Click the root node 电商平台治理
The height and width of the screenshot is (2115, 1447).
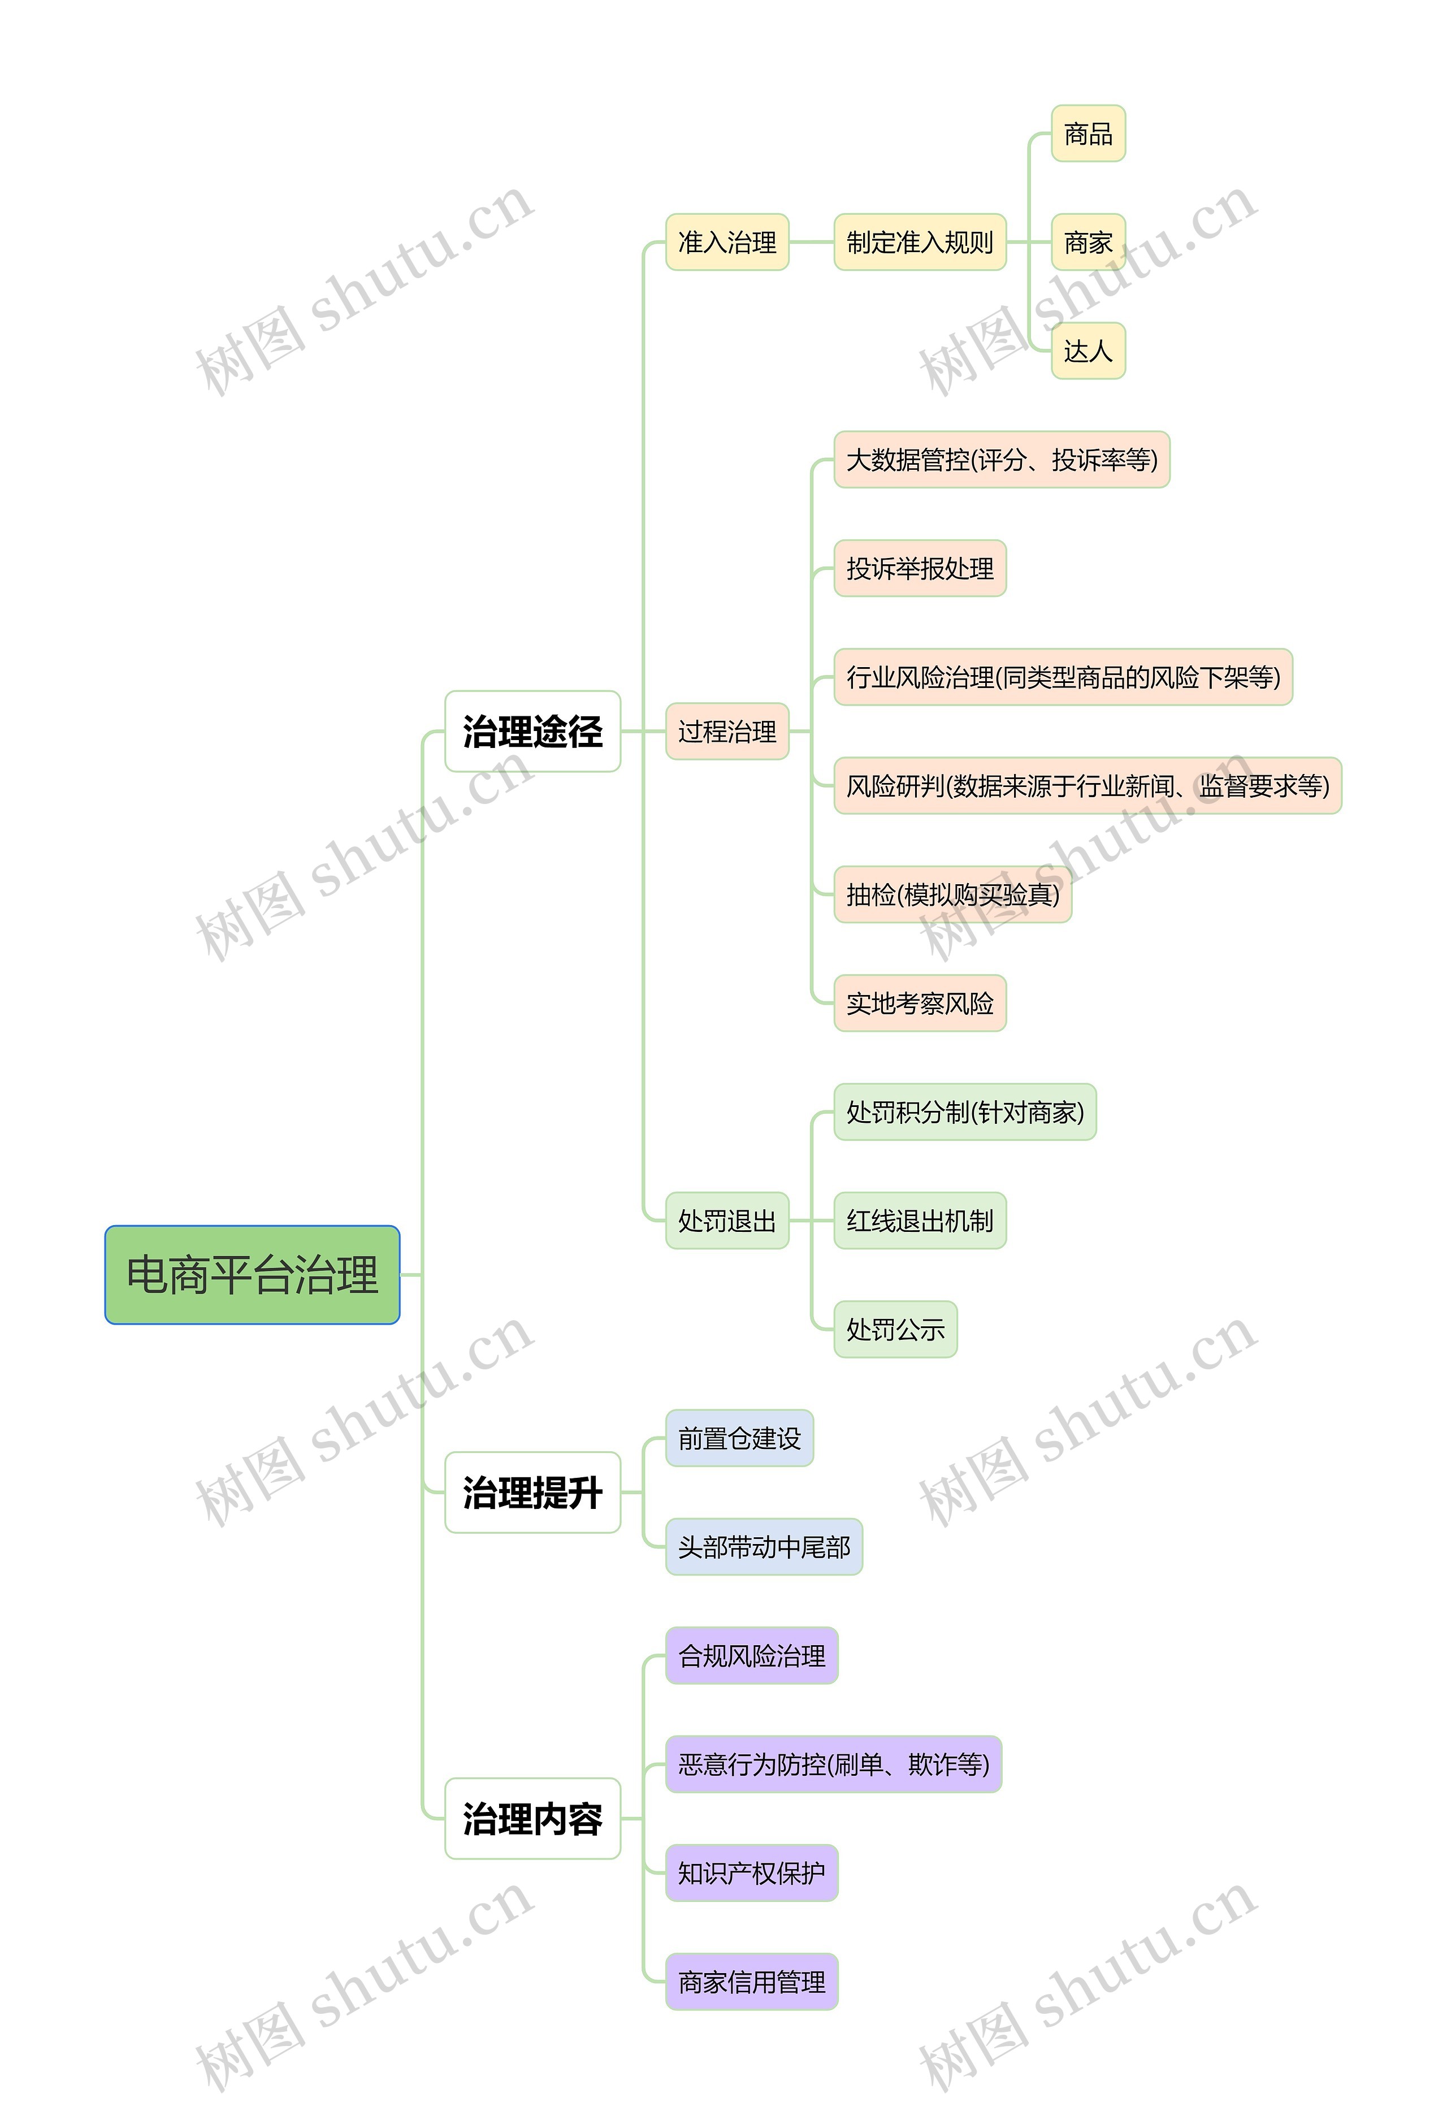click(252, 1274)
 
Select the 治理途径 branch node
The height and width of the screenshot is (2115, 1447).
click(532, 732)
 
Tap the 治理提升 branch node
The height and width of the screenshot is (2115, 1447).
click(532, 1493)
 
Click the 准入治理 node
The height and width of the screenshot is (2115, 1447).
click(727, 242)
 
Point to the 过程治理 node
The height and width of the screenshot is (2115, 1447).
click(727, 732)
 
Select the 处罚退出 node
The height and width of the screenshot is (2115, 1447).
click(727, 1221)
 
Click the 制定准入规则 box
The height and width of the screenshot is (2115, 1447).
click(919, 242)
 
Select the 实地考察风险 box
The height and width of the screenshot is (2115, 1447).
click(919, 1003)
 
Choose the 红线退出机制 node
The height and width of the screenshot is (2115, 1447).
click(919, 1221)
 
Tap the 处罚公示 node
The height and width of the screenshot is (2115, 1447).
click(895, 1330)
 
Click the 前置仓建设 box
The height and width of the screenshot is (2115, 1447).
click(739, 1438)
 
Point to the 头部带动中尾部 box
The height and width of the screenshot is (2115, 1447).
click(764, 1547)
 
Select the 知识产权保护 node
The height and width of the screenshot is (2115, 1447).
click(752, 1873)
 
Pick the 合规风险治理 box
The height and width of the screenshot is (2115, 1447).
click(752, 1655)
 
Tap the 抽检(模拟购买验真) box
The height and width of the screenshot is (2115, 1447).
click(952, 894)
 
